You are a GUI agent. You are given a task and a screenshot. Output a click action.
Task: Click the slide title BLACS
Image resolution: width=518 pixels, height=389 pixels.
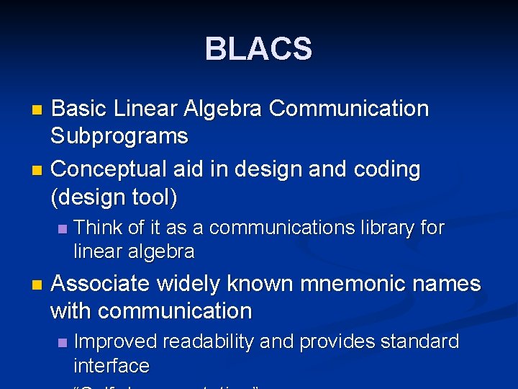pos(258,50)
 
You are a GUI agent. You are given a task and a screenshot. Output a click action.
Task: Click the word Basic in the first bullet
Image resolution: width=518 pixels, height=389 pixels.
pos(80,109)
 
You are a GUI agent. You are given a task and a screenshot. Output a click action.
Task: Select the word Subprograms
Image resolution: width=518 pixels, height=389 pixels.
pos(119,136)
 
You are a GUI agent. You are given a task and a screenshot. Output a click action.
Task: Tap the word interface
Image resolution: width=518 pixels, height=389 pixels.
pos(112,366)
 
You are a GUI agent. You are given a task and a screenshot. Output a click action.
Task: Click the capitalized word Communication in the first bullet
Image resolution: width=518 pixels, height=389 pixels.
pos(349,109)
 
